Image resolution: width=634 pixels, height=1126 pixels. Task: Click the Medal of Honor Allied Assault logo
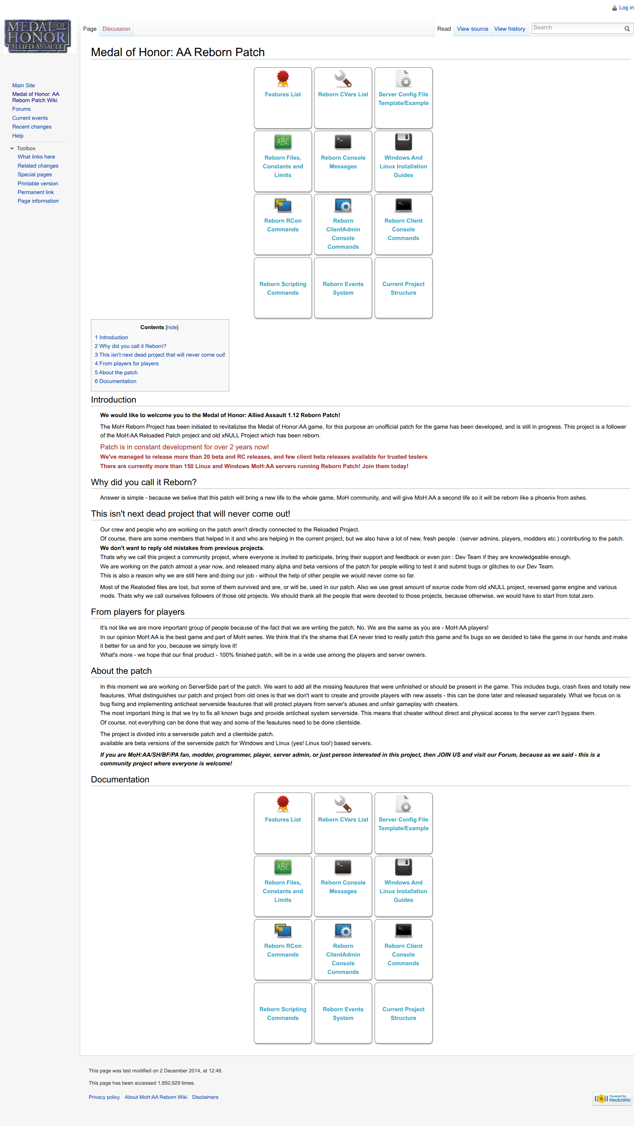(x=38, y=36)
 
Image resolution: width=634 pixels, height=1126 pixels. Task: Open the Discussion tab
(x=116, y=29)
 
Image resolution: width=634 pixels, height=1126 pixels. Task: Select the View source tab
(x=472, y=29)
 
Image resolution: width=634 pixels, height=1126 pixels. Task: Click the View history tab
(x=509, y=29)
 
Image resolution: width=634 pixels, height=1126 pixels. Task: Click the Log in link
(x=626, y=8)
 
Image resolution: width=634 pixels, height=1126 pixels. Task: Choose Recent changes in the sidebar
(x=32, y=127)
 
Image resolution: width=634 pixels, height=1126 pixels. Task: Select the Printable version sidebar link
(x=38, y=184)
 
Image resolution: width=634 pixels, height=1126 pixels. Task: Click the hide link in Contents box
(x=172, y=327)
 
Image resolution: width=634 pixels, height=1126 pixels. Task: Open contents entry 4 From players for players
(x=127, y=364)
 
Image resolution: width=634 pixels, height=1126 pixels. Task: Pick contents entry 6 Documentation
(x=116, y=381)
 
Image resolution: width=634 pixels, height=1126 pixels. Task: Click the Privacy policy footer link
(x=104, y=1097)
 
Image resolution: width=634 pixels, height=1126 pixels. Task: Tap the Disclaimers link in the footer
(x=205, y=1097)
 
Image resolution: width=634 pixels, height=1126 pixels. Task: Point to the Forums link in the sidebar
(x=21, y=109)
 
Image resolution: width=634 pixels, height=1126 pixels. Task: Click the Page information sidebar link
(x=38, y=201)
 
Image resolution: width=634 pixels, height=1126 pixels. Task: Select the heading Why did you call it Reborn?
(x=144, y=482)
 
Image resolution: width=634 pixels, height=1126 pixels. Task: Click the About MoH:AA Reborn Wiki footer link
(x=156, y=1097)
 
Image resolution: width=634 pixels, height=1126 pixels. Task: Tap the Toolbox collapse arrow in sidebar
(x=12, y=148)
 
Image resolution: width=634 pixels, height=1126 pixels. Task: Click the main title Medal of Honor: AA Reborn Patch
(x=178, y=52)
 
